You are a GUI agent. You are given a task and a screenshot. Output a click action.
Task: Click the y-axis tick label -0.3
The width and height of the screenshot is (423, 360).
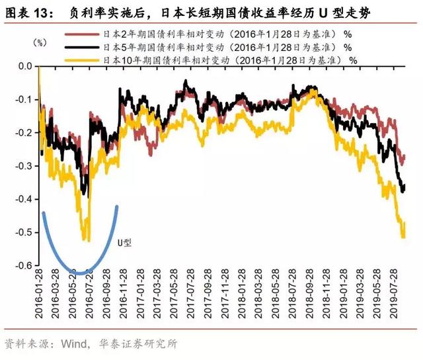tap(23, 166)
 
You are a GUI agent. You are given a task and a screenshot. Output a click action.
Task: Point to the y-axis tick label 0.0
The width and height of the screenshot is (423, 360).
tap(25, 67)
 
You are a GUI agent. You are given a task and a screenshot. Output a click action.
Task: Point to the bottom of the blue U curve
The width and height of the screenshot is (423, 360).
tap(79, 272)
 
